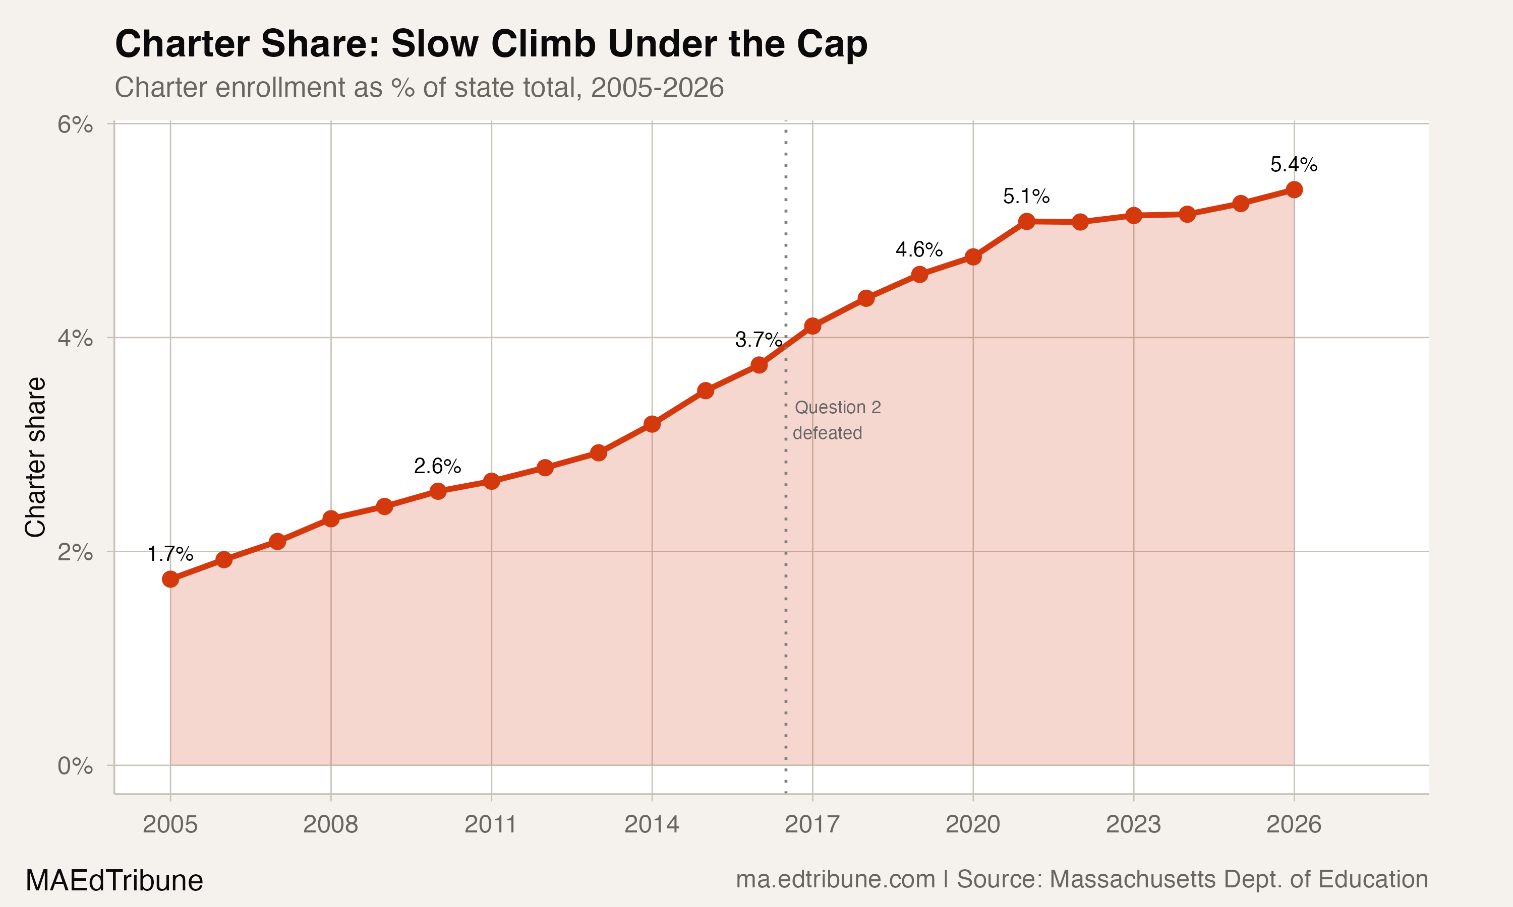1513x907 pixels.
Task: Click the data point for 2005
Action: pos(170,579)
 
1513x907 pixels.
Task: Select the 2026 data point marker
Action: pos(1294,189)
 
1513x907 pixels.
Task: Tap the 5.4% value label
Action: pos(1294,164)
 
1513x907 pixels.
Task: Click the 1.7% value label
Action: pos(170,554)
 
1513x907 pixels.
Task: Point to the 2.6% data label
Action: pos(437,466)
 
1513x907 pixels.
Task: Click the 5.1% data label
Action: pos(1026,196)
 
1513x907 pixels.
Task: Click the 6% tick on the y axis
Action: pos(75,124)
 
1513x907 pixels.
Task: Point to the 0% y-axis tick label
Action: pos(75,766)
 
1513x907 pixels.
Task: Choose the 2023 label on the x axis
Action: pos(1133,824)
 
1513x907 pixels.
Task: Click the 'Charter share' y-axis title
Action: pos(35,457)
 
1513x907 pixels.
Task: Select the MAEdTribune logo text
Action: pos(114,880)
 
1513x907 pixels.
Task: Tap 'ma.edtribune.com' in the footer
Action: pos(835,879)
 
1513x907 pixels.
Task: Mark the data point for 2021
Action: pos(1027,221)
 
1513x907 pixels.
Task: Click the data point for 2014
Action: pos(652,424)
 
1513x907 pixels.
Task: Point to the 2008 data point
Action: pos(331,519)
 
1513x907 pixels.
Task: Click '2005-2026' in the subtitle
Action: pos(658,87)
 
